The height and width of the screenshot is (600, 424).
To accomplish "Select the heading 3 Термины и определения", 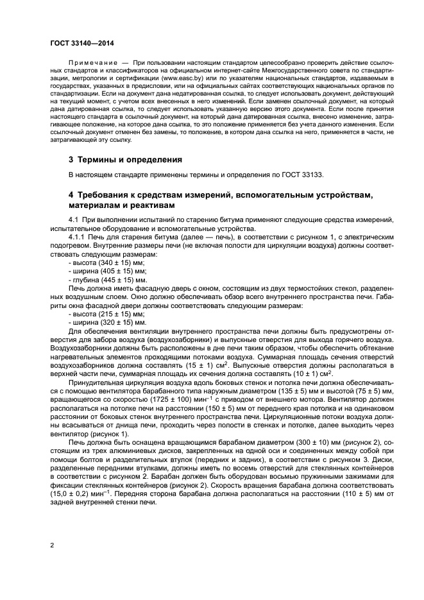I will [x=126, y=159].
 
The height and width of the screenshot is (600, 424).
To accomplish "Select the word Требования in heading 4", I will [x=110, y=194].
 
